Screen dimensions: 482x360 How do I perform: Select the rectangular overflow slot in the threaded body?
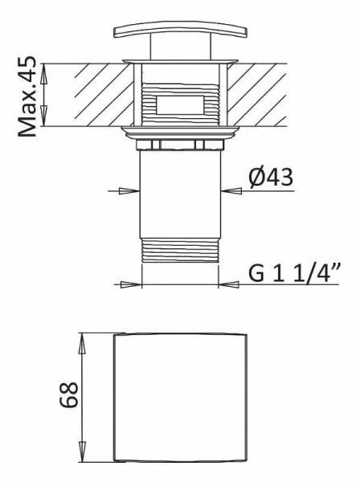(179, 104)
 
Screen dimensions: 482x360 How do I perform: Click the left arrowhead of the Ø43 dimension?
(135, 190)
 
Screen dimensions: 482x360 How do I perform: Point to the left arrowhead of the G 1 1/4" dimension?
(135, 284)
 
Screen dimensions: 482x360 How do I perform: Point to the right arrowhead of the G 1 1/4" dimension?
(226, 284)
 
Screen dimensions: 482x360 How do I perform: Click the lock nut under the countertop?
(181, 144)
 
